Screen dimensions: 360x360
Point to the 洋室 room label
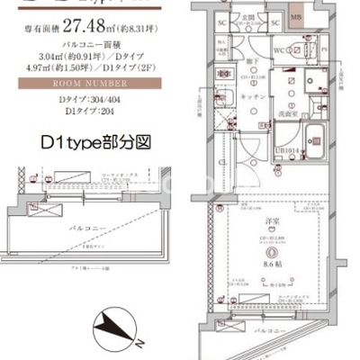[x=266, y=221]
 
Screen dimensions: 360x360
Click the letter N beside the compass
[x=139, y=342]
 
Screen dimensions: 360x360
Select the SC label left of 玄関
[x=222, y=21]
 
